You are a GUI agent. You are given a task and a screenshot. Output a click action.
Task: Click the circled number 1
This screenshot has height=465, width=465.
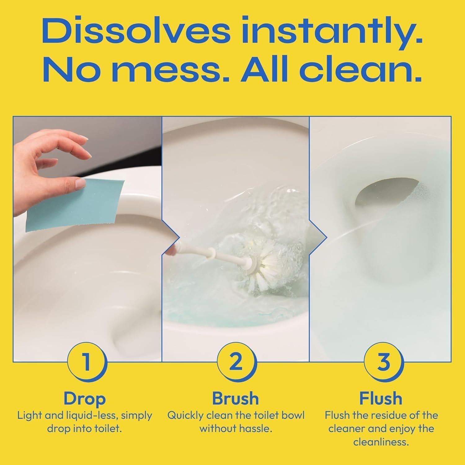point(87,362)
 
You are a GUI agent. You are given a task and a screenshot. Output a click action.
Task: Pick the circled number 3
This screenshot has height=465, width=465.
point(384,362)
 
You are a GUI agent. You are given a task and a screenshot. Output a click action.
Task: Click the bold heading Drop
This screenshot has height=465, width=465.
point(85,399)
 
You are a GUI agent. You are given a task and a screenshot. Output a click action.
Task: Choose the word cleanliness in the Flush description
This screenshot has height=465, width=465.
point(380,442)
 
